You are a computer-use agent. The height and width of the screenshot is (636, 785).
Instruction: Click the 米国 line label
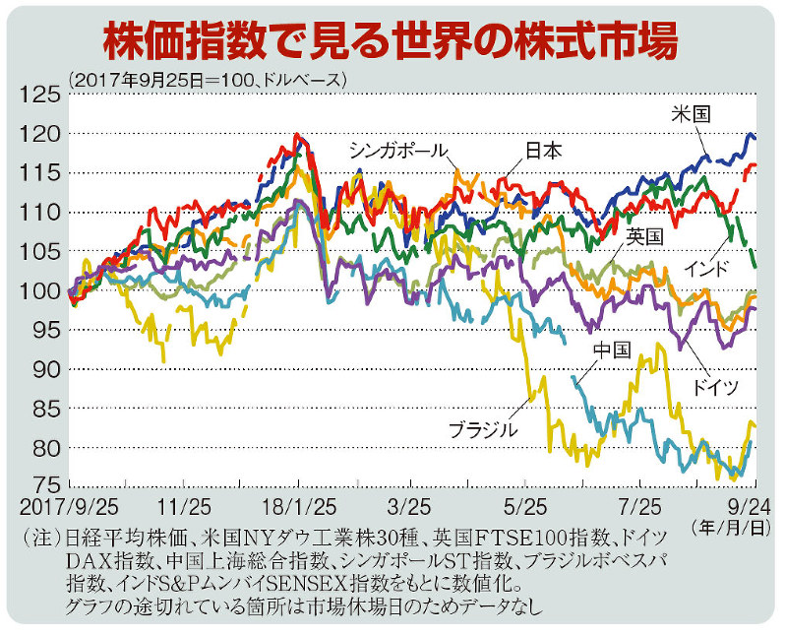click(694, 112)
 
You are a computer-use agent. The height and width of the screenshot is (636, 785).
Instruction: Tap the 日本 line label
click(542, 151)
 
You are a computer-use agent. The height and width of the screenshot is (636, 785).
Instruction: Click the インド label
click(706, 268)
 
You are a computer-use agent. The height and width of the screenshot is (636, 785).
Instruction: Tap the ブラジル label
click(483, 430)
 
